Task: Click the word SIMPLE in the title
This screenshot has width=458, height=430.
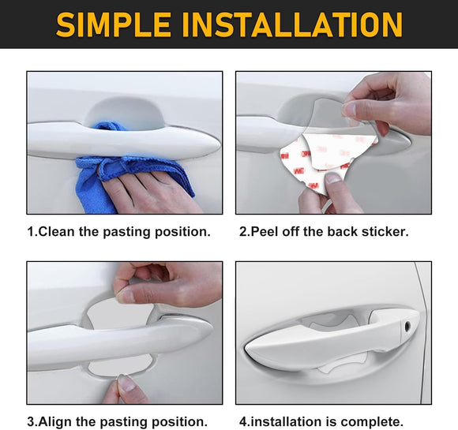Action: click(x=114, y=24)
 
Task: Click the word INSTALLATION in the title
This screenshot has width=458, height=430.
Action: click(x=291, y=24)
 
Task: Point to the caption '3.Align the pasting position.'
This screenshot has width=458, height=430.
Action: click(x=118, y=421)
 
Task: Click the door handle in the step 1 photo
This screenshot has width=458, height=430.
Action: click(x=118, y=142)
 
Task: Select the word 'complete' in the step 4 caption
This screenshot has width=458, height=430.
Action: click(x=376, y=421)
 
